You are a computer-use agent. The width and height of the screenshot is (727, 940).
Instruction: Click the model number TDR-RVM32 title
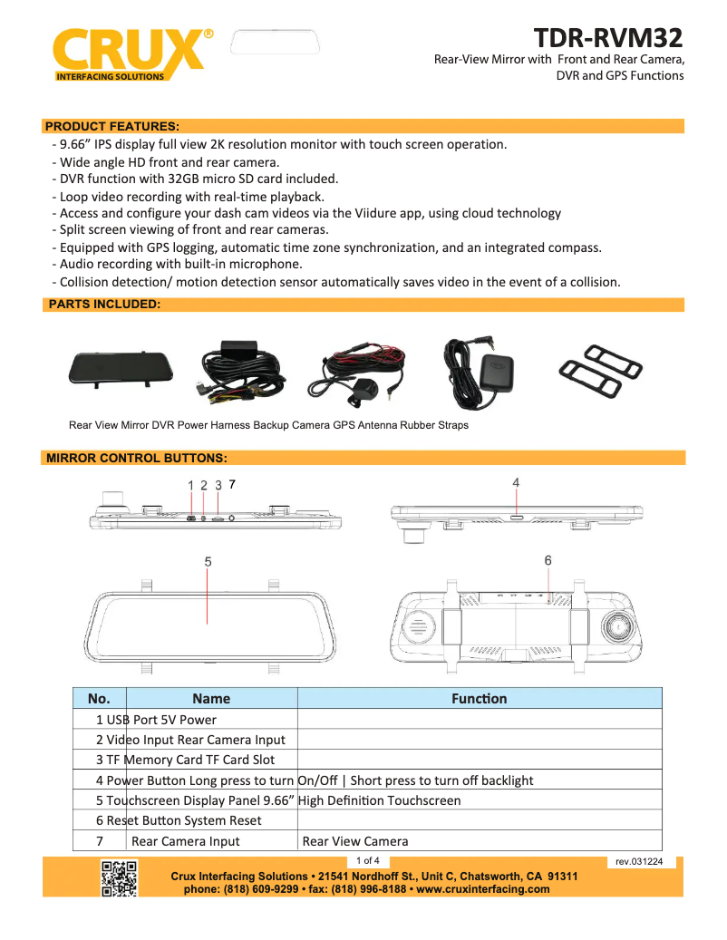pyautogui.click(x=607, y=38)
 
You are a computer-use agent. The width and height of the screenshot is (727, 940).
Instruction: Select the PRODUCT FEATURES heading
pyautogui.click(x=111, y=126)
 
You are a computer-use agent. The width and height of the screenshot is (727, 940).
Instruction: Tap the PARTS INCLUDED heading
pyautogui.click(x=103, y=305)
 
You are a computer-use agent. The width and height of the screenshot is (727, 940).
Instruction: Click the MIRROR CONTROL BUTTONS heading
pyautogui.click(x=136, y=458)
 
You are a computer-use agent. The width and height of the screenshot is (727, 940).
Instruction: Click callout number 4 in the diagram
pyautogui.click(x=516, y=483)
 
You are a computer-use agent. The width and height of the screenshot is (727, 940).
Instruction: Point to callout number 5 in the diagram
pyautogui.click(x=208, y=562)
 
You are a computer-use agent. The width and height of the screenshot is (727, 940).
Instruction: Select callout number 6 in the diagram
pyautogui.click(x=548, y=561)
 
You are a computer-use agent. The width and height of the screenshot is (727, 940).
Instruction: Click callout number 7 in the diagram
pyautogui.click(x=233, y=485)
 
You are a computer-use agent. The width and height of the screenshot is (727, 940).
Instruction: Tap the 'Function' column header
pyautogui.click(x=480, y=699)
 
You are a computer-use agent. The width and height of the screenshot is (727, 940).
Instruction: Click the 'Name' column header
pyautogui.click(x=211, y=699)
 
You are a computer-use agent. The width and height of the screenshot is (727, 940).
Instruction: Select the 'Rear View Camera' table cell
pyautogui.click(x=355, y=841)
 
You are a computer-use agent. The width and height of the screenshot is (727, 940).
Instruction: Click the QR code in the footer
pyautogui.click(x=120, y=878)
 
